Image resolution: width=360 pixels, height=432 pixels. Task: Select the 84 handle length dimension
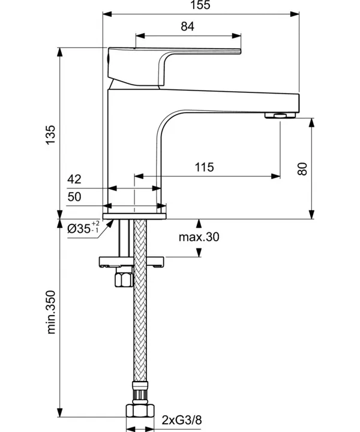(x=188, y=26)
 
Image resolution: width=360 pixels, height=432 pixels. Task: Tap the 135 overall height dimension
(x=50, y=134)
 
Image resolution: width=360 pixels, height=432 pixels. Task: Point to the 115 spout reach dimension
(x=204, y=167)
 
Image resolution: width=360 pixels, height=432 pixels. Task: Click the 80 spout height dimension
(x=302, y=169)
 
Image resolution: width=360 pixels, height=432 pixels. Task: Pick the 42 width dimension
(x=74, y=179)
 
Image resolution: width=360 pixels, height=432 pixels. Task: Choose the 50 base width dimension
(x=74, y=196)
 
